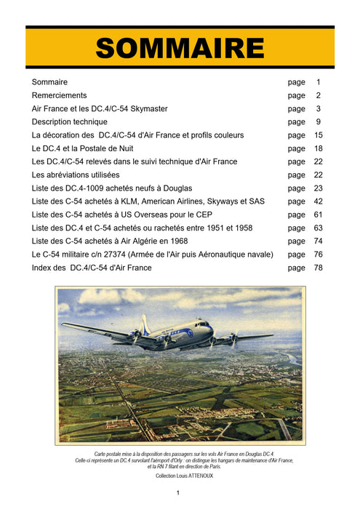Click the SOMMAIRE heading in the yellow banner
pos(180,48)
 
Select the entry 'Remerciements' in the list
pos(59,95)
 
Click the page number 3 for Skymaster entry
pos(318,108)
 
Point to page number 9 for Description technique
pos(318,121)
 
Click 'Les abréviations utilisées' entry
pos(76,175)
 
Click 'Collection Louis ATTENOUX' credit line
pos(180,475)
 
